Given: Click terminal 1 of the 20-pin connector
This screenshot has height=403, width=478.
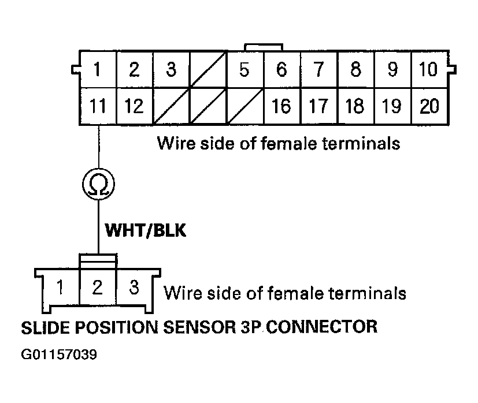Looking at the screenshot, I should [x=98, y=70].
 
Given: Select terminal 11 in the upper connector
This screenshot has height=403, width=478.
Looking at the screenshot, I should [x=98, y=106].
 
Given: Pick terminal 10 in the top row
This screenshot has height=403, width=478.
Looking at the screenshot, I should [x=429, y=70].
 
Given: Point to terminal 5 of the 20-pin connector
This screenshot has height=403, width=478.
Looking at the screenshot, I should [x=244, y=70].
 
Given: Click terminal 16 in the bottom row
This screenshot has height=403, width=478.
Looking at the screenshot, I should [x=281, y=106].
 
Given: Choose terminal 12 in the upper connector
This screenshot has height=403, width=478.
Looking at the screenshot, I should [x=134, y=106].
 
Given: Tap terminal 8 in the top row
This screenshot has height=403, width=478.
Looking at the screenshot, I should [x=355, y=70].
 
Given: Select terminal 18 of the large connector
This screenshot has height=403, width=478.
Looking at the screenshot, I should [x=355, y=106].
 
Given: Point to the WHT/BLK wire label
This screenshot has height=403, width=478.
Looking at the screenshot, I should [x=145, y=230].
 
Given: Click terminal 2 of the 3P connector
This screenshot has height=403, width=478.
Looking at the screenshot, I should [x=98, y=287].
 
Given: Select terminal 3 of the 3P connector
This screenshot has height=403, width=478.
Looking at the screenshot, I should [x=134, y=287].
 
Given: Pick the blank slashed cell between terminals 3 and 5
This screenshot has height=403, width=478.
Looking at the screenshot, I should [x=207, y=70].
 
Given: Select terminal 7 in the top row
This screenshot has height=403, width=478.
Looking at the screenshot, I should [x=318, y=70].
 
